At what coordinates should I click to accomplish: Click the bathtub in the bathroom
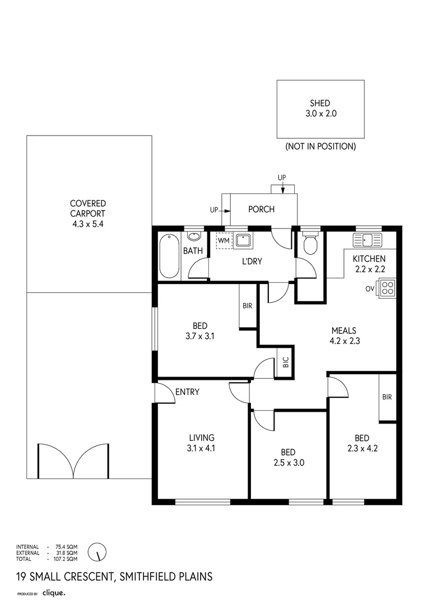(x=169, y=257)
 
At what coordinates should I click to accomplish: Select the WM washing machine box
(x=224, y=241)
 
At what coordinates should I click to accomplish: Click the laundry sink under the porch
(x=243, y=241)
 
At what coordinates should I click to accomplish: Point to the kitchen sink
(x=367, y=240)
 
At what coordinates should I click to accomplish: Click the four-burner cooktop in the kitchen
(x=387, y=288)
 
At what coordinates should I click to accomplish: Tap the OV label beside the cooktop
(x=370, y=288)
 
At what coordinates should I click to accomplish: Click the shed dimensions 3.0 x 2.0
(x=320, y=113)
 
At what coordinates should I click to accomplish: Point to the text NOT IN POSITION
(x=320, y=146)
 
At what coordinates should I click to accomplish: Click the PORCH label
(x=261, y=210)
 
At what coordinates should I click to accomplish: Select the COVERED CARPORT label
(x=88, y=208)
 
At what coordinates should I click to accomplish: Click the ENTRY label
(x=187, y=392)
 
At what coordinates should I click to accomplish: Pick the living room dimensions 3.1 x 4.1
(x=201, y=448)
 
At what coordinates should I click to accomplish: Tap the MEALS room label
(x=343, y=331)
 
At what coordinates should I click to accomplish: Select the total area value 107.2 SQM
(x=67, y=559)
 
